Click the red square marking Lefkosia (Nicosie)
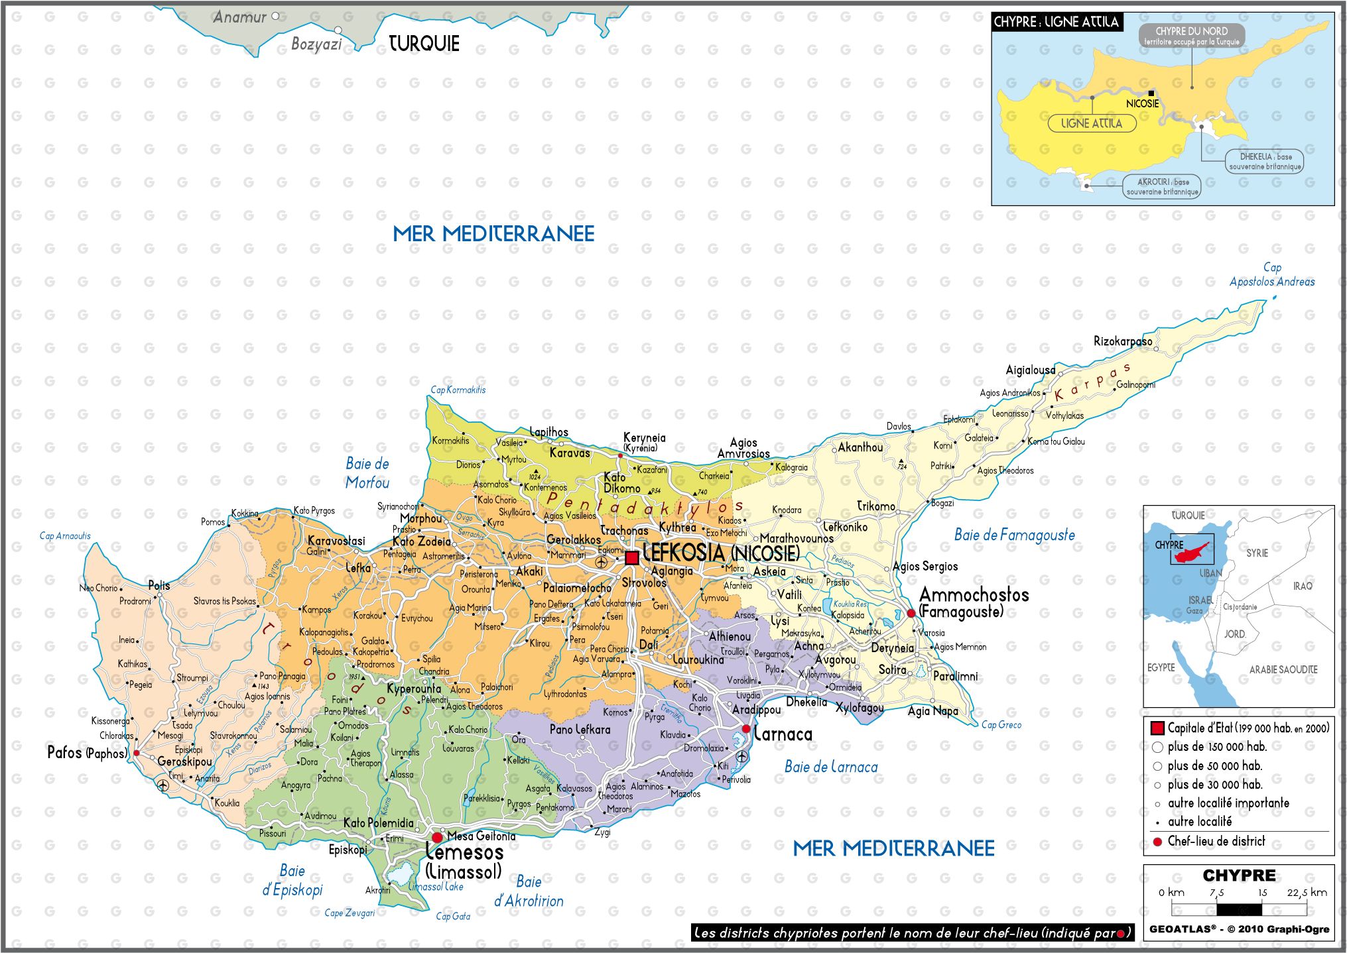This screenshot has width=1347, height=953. coord(632,557)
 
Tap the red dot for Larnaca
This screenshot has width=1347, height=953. coord(746,728)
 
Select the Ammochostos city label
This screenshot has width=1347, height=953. coord(974,594)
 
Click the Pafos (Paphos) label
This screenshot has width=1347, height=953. coord(86,753)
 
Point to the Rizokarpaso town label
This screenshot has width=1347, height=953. coord(1122,341)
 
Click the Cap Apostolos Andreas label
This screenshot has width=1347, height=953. coord(1271,274)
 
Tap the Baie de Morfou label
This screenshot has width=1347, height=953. coord(367,473)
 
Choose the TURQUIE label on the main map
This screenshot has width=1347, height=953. coord(424,44)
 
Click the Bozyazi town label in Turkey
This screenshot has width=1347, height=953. coord(316,44)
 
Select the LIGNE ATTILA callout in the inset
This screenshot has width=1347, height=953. coord(1091,123)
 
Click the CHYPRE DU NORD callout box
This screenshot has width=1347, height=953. coord(1191,35)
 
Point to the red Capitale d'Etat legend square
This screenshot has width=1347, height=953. coord(1157,728)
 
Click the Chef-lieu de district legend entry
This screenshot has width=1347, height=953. coord(1216,841)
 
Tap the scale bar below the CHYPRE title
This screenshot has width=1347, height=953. coord(1238,909)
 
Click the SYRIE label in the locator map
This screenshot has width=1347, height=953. coord(1256,553)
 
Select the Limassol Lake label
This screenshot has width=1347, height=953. coord(436,886)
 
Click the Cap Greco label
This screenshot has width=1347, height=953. coord(1001,724)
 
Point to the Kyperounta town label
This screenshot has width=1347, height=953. coord(414,689)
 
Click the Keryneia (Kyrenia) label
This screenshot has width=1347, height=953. coord(644,442)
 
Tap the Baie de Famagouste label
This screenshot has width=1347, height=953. coord(1014,535)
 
